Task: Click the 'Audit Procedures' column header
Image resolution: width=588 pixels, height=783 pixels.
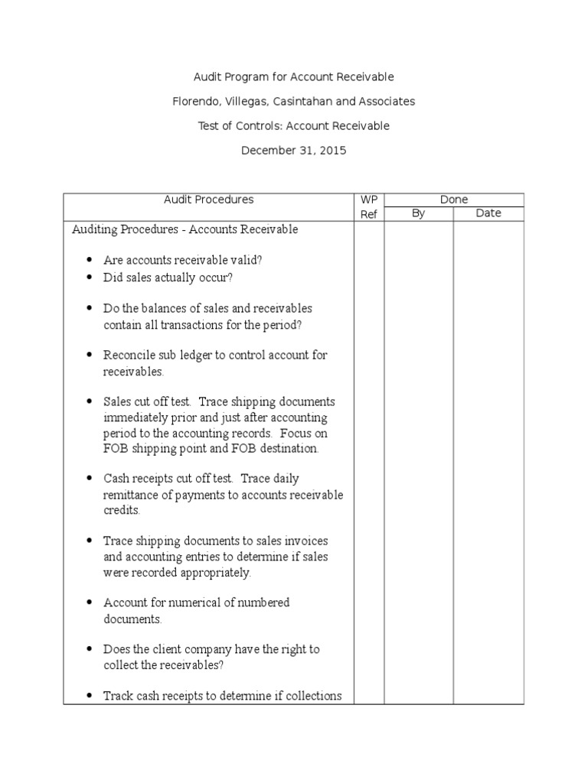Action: [x=208, y=200]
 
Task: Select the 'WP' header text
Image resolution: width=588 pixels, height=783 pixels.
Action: [x=369, y=200]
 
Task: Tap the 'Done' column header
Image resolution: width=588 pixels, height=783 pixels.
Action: [x=454, y=200]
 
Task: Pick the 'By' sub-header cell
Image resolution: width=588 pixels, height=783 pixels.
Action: [x=418, y=213]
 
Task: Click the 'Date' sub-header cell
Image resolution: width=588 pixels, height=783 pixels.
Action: [x=488, y=213]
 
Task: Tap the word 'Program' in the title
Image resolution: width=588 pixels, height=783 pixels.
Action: [x=246, y=77]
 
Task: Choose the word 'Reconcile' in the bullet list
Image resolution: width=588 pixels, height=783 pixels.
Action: [x=129, y=356]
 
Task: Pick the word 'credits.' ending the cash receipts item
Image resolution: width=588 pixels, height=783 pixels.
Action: [x=122, y=511]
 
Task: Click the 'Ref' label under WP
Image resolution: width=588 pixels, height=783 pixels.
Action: [x=369, y=215]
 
